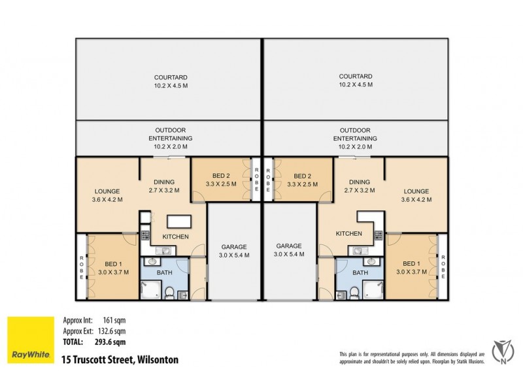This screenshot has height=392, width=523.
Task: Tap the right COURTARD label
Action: (x=356, y=80)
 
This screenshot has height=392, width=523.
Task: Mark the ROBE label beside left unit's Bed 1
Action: (x=82, y=267)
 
